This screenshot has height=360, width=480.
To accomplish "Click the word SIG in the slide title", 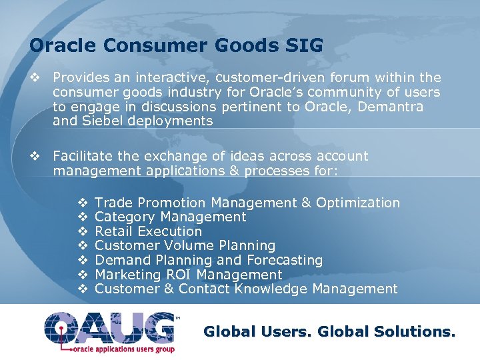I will pos(303,46).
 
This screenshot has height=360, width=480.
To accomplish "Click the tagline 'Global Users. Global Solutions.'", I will pos(329,331).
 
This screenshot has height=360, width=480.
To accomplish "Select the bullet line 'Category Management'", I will pos(171,217).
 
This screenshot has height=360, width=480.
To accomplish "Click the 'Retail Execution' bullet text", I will pos(148,231).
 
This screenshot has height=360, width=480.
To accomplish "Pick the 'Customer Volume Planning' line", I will pos(185,246).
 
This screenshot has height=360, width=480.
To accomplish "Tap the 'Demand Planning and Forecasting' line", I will pos(209,260).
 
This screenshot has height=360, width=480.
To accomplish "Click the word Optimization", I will pos(358,203).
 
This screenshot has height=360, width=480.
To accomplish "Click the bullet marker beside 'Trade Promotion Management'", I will pos(83,203).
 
